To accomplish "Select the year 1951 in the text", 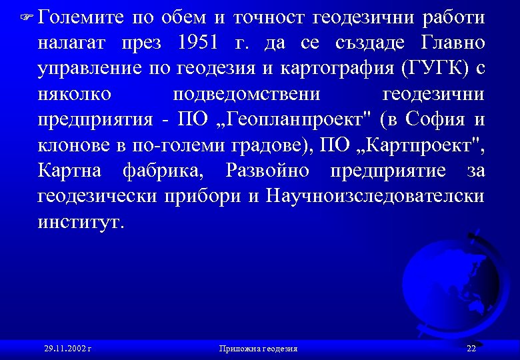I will pos(198,43).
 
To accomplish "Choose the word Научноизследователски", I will pos(375,197).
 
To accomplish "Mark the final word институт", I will pos(81,222).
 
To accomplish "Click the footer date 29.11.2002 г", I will pos(67,348).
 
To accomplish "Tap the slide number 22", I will pos(471,348).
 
